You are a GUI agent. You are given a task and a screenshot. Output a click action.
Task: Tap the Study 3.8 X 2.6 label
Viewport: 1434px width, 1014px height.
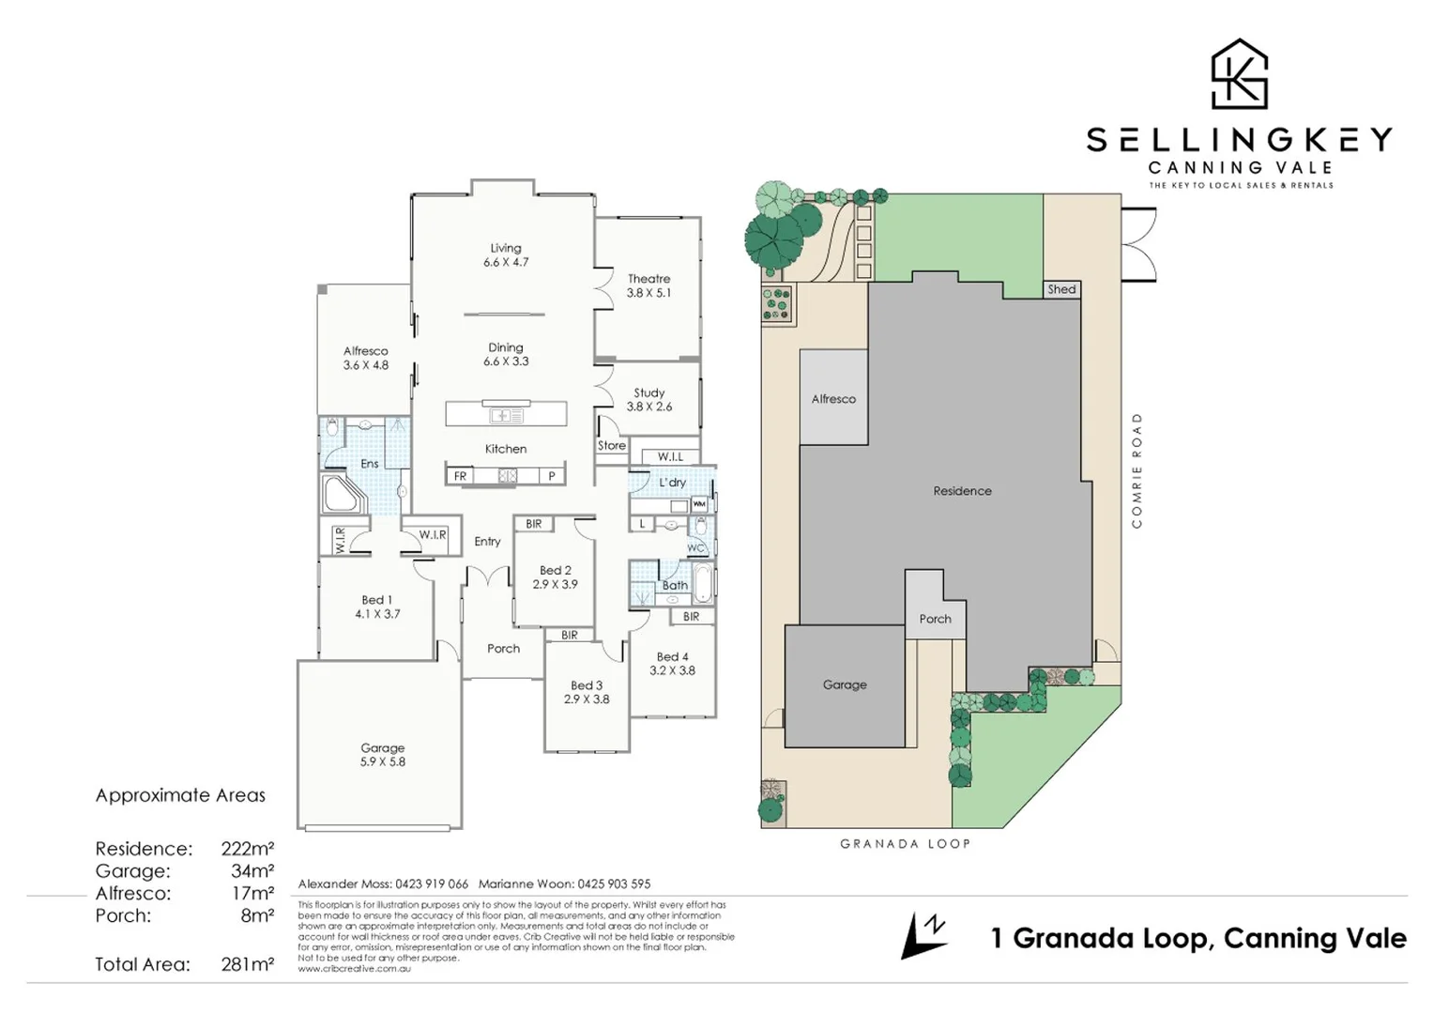(648, 399)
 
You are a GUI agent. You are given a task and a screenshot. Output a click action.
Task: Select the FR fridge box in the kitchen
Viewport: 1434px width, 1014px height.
(460, 476)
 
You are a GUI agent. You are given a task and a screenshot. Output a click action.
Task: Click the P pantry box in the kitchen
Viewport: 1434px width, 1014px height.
(552, 476)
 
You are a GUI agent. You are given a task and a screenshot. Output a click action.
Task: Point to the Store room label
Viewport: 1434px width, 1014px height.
(611, 445)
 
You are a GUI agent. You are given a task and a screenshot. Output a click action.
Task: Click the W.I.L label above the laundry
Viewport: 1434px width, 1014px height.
(670, 456)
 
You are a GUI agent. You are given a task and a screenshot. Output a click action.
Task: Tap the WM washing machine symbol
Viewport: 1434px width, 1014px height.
(699, 504)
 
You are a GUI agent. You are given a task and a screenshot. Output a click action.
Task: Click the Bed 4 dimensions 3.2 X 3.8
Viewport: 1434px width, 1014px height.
(672, 670)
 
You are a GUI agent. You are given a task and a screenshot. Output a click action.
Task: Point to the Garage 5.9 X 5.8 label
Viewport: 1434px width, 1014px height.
(382, 755)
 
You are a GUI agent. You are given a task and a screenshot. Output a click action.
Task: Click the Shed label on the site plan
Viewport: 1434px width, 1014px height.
(1061, 289)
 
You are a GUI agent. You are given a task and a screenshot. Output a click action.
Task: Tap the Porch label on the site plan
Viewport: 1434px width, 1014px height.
(935, 619)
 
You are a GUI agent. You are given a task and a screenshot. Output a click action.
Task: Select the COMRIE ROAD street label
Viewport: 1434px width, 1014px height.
(1137, 469)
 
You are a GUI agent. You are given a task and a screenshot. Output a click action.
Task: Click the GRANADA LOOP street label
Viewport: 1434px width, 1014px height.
(905, 843)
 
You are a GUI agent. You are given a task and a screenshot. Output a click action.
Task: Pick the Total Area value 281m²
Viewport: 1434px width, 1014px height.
(247, 964)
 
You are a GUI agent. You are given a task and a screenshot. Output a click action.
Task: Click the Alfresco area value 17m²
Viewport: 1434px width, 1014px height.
(252, 893)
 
